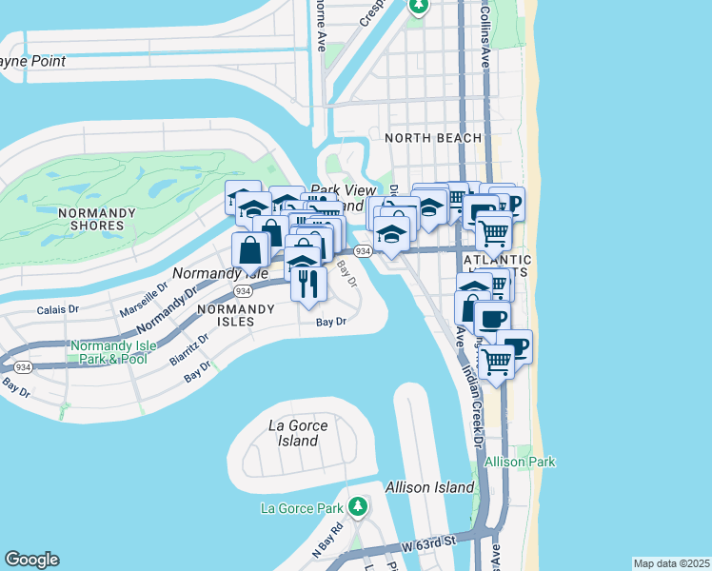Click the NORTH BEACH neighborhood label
(433, 138)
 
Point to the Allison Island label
(429, 487)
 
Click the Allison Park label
(520, 462)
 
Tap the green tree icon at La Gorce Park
(358, 505)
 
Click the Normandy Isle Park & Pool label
(108, 352)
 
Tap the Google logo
(31, 560)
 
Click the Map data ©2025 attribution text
(671, 563)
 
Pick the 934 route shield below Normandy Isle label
(243, 290)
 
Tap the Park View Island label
(337, 197)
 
